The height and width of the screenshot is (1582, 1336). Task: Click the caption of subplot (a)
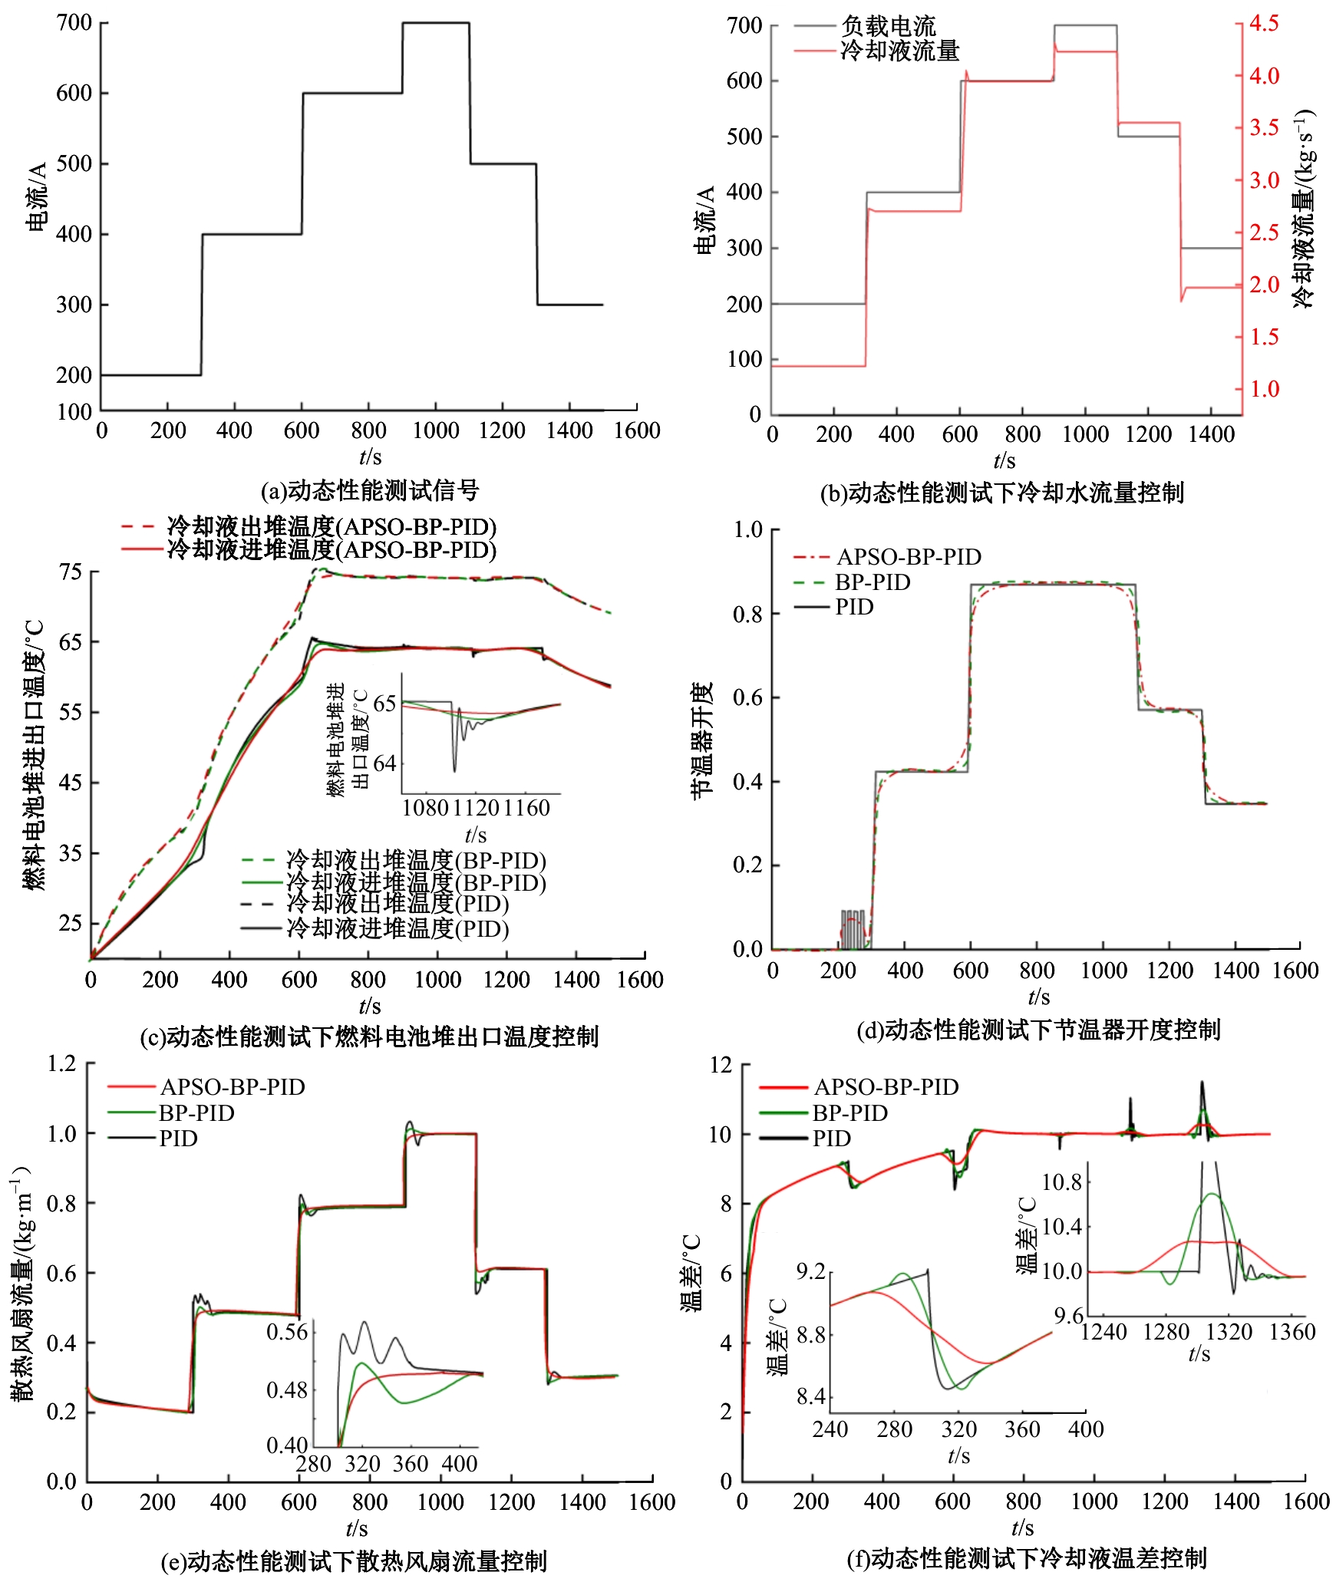pos(370,490)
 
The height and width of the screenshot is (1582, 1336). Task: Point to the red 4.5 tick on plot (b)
pos(1264,23)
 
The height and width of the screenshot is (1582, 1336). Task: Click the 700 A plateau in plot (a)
pos(435,23)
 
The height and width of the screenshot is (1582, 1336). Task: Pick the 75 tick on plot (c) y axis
pos(70,572)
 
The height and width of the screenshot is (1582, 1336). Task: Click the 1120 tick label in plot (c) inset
pos(475,808)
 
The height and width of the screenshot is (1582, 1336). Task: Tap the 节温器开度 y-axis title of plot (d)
pos(702,740)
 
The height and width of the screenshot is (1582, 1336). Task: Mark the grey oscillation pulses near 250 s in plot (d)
pos(853,929)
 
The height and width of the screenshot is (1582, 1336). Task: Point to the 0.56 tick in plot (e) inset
pos(287,1332)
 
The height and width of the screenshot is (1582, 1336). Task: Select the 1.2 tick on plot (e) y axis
pos(62,1063)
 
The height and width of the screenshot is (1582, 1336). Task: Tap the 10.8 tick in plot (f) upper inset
pos(1061,1182)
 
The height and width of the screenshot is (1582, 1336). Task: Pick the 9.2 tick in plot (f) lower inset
pos(810,1272)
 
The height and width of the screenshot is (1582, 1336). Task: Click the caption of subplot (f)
pos(1027,1558)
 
